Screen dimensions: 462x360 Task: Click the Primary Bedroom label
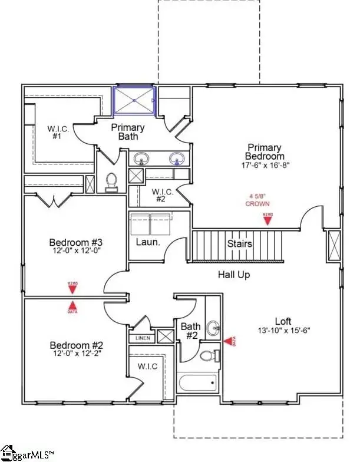265,151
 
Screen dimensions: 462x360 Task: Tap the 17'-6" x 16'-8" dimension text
265,166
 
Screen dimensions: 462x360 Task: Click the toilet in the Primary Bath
111,183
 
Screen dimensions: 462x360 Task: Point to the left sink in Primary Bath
141,159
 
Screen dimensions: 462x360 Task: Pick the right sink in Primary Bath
176,159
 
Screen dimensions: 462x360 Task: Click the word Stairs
240,243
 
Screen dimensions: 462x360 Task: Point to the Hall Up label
235,274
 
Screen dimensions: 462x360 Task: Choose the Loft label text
283,321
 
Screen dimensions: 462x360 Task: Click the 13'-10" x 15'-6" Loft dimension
283,331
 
